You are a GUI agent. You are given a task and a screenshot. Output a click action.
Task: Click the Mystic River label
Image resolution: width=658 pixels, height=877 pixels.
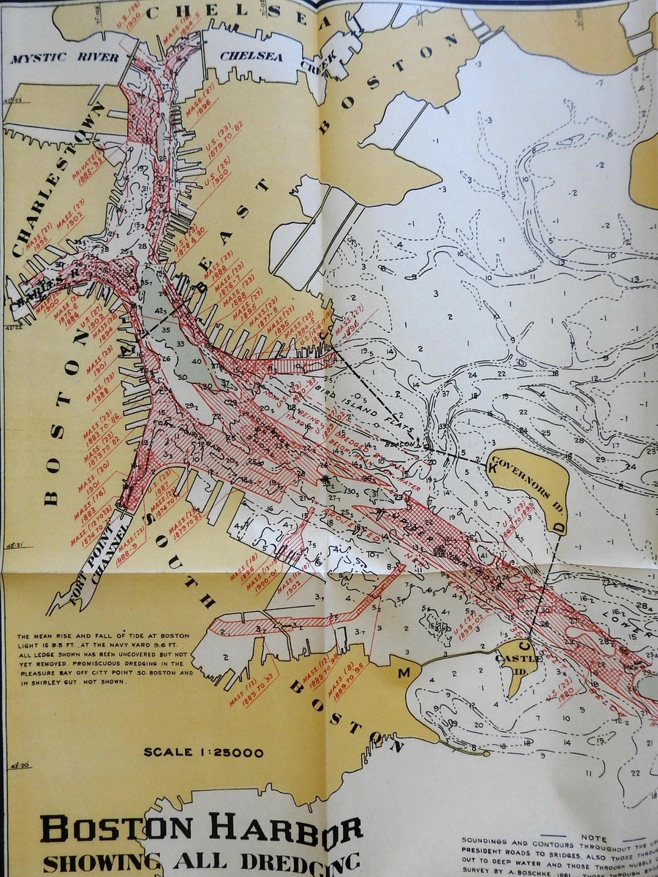pos(64,58)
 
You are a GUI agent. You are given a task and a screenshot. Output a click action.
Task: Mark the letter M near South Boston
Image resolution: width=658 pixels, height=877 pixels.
pos(403,673)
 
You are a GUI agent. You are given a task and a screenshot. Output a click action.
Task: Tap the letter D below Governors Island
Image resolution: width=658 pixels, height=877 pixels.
pos(559,526)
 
